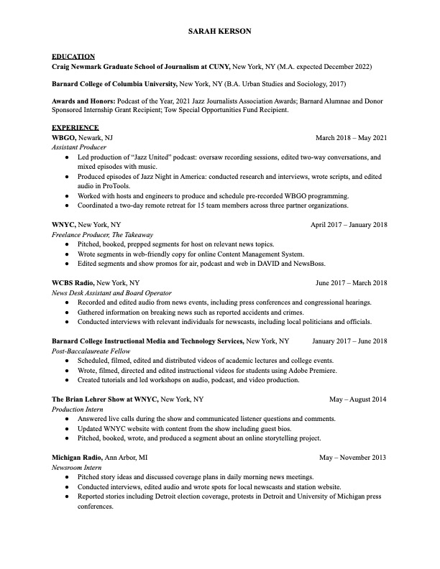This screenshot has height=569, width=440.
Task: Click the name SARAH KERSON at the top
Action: pos(220,32)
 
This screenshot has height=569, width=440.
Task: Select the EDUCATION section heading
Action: pos(73,56)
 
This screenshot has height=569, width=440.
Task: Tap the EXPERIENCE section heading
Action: pos(75,127)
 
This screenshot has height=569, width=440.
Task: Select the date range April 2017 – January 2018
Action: pos(349,225)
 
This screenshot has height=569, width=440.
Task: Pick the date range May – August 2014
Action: pos(358,399)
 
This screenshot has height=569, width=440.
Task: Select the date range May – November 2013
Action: pos(353,457)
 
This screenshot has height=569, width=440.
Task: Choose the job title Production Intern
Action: pos(78,409)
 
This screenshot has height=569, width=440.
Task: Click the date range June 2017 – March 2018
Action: pos(352,283)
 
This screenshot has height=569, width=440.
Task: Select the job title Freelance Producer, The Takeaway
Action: pos(102,234)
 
